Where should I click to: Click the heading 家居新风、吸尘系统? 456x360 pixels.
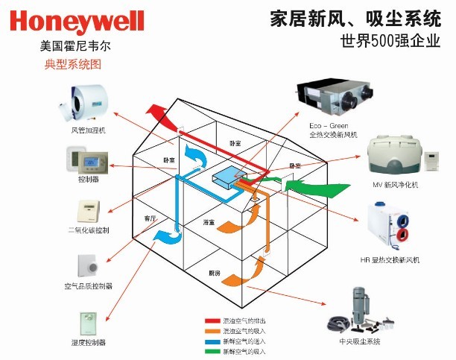click(355, 19)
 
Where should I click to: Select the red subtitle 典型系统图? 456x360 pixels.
click(73, 65)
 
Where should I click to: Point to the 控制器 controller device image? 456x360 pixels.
click(89, 160)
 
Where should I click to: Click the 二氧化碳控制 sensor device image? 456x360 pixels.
click(86, 209)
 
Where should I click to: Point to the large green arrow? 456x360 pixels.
click(298, 187)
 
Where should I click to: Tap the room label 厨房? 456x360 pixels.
click(215, 274)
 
